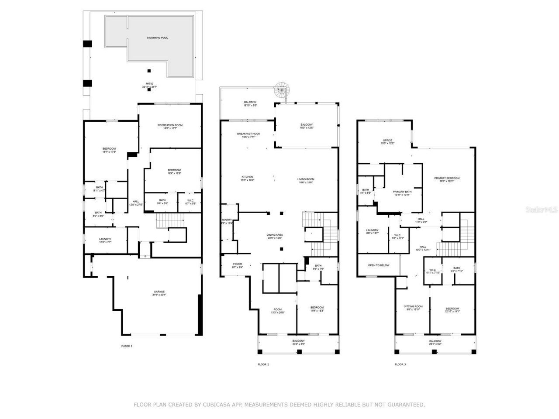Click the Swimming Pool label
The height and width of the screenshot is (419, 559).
(157, 38)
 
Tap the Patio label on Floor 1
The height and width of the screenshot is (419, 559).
(149, 84)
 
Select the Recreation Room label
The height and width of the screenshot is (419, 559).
(170, 125)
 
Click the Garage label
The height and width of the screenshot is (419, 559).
(159, 292)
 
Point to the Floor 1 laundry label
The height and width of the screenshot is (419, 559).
(105, 239)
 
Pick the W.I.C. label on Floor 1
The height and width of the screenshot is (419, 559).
(191, 201)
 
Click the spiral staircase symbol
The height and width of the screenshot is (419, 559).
(282, 91)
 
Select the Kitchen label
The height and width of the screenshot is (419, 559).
(247, 177)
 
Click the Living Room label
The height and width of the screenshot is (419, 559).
(306, 179)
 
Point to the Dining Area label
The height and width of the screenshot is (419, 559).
(274, 235)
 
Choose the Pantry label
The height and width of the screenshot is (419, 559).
(227, 220)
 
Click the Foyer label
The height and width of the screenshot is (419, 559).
(237, 264)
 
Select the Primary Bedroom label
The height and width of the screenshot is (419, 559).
(447, 178)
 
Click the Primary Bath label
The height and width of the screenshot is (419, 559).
(402, 192)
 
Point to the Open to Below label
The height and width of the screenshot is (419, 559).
(378, 265)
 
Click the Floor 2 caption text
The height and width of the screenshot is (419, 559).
(263, 364)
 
